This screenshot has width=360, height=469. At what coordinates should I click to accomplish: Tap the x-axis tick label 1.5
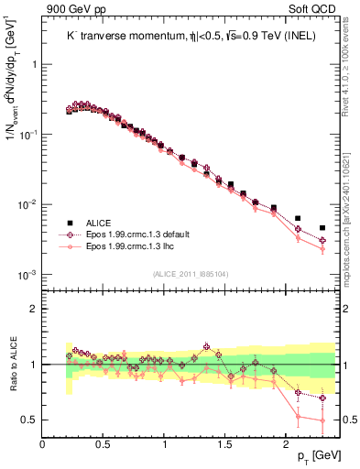[225, 444]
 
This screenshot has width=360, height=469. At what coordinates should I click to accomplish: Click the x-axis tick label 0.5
[104, 444]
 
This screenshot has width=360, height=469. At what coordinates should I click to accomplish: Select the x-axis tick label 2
[287, 444]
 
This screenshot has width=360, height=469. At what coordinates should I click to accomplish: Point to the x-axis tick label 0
[43, 444]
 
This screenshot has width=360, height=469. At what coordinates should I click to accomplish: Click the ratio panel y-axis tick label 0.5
[29, 420]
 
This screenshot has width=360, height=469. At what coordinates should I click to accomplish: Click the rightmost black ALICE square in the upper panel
[322, 228]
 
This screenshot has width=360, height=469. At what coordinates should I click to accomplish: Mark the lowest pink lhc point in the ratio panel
[322, 420]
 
